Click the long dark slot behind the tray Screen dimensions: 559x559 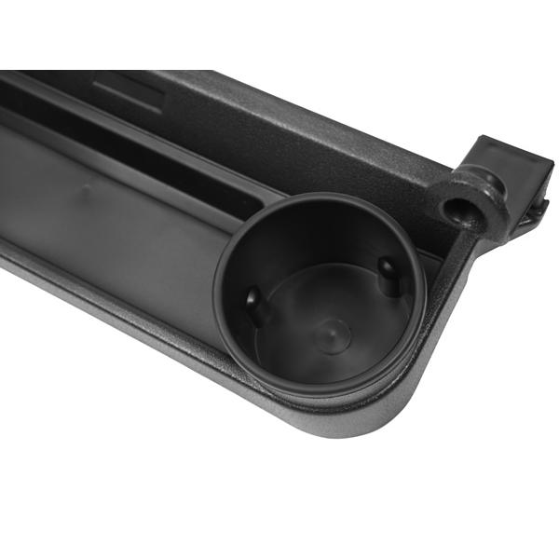pyautogui.click(x=140, y=149)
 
